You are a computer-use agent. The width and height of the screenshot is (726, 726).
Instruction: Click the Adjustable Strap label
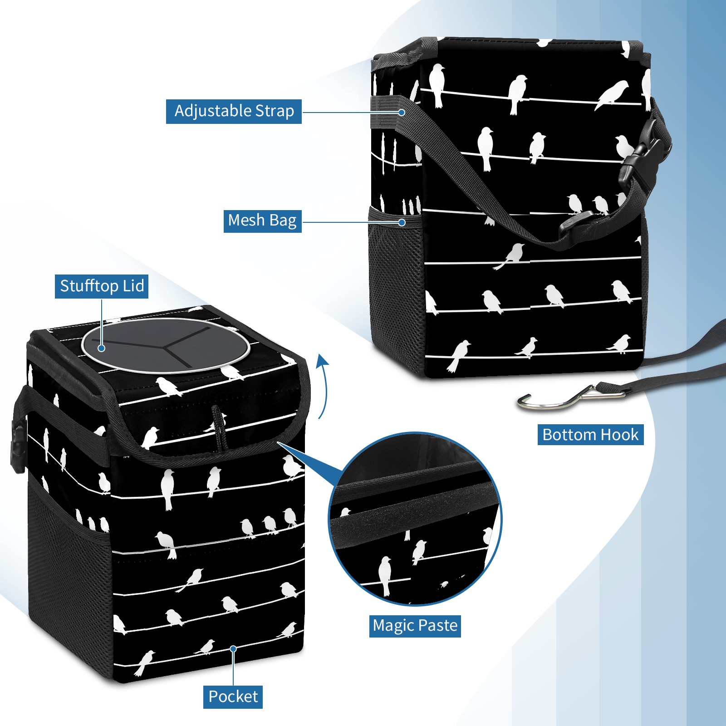[234, 111]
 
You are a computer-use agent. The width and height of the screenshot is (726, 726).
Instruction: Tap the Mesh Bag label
[262, 221]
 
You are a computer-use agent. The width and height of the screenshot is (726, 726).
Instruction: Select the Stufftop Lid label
[102, 286]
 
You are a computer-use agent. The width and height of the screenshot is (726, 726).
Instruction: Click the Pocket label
[233, 697]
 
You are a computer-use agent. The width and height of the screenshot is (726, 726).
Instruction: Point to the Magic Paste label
[415, 626]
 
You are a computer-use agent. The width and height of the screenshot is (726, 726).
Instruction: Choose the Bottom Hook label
[590, 435]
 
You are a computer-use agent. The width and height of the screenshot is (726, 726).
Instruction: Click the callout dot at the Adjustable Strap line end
[402, 112]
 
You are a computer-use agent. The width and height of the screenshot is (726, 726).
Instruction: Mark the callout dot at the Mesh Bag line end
[402, 222]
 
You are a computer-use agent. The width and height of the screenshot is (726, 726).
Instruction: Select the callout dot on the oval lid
[102, 348]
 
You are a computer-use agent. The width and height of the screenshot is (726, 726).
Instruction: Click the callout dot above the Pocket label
[233, 649]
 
